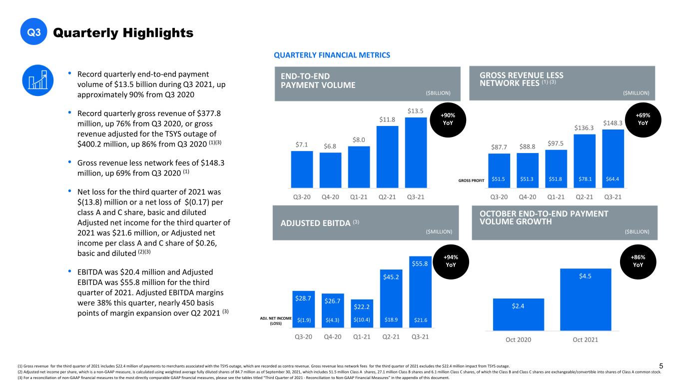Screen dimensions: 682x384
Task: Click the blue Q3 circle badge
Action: click(34, 31)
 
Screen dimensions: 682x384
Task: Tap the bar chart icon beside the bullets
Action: click(38, 80)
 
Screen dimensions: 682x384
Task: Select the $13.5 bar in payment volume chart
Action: click(416, 152)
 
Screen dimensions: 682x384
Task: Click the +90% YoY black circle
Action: click(448, 119)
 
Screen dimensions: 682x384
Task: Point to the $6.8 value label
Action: click(330, 146)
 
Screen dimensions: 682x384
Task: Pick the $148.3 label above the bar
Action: click(613, 123)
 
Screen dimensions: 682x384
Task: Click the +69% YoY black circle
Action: click(643, 119)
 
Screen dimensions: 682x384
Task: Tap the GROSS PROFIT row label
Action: click(471, 180)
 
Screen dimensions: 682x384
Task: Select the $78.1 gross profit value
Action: click(585, 179)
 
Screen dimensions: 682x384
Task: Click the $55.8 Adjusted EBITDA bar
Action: click(420, 291)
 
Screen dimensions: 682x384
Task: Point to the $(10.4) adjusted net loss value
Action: click(362, 319)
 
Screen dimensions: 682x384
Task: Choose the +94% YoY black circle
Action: click(451, 261)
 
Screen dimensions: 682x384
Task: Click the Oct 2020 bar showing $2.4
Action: click(519, 314)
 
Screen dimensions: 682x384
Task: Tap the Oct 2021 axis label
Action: click(585, 339)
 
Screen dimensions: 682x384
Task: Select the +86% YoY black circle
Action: click(638, 261)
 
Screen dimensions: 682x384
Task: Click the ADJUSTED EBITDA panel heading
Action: click(320, 223)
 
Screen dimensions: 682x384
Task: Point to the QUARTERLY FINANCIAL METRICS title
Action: click(332, 55)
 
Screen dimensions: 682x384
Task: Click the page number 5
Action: click(661, 366)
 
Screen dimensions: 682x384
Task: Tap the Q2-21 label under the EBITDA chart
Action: click(391, 337)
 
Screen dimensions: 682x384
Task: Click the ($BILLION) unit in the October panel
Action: click(637, 231)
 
